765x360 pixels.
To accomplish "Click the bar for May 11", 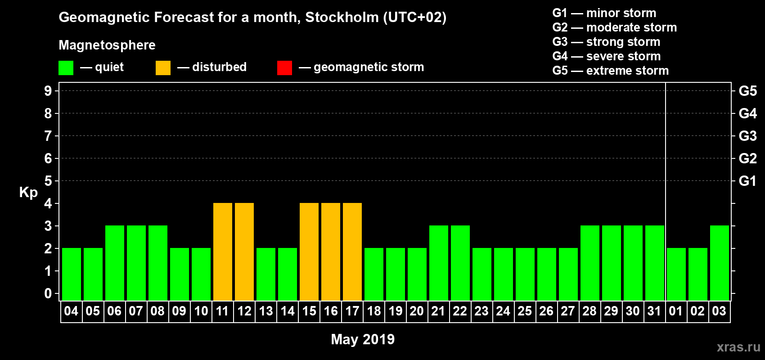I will coord(223,252).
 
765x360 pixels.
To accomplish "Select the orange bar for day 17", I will coord(352,252).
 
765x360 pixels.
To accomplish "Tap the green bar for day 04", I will coord(72,274).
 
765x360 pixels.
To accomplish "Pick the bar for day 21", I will coord(439,263).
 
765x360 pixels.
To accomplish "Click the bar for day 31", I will coord(655,263).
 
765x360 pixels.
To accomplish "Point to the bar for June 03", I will coord(720,263).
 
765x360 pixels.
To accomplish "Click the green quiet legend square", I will coord(66,68).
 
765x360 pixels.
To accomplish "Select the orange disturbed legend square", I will coord(163,68).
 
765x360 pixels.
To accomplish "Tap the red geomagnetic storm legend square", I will coord(284,68).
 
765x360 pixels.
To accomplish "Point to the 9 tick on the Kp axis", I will coord(48,91).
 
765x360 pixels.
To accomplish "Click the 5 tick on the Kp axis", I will coord(48,181).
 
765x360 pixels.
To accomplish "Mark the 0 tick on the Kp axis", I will coord(48,293).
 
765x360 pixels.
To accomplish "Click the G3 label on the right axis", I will coord(747,136).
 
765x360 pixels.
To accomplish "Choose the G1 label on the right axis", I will coord(747,181).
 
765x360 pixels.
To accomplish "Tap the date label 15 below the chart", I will coord(309,311).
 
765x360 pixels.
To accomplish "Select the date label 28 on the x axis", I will coord(589,311).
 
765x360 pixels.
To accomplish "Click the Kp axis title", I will coord(28,192).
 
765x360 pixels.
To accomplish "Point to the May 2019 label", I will coord(363,339).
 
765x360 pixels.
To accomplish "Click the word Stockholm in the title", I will coord(342,18).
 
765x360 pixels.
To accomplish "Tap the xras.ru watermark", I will coord(738,347).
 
